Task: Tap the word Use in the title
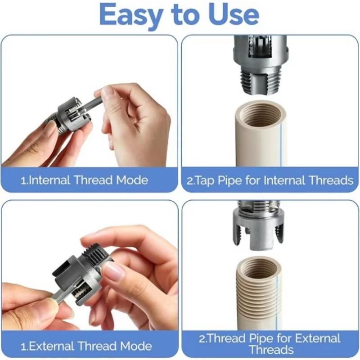pos(234,14)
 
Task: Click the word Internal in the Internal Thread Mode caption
pos(49,180)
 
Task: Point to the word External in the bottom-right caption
pos(318,338)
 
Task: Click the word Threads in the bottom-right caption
pos(271,350)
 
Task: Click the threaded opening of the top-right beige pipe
pos(261,115)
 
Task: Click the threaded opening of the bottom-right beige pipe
pos(260,269)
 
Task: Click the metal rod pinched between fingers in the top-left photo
pos(92,104)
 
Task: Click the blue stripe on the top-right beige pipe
pos(282,144)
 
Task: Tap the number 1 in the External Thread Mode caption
pos(23,346)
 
